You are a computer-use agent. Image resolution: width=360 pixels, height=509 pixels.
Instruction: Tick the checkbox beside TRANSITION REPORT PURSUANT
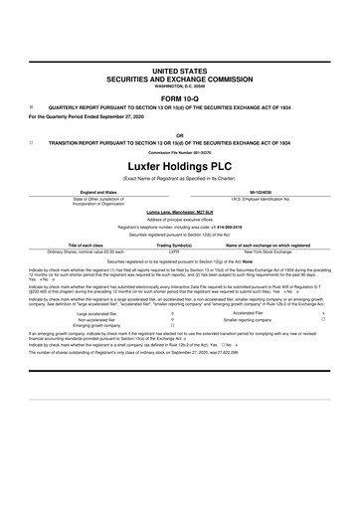tap(32, 142)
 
